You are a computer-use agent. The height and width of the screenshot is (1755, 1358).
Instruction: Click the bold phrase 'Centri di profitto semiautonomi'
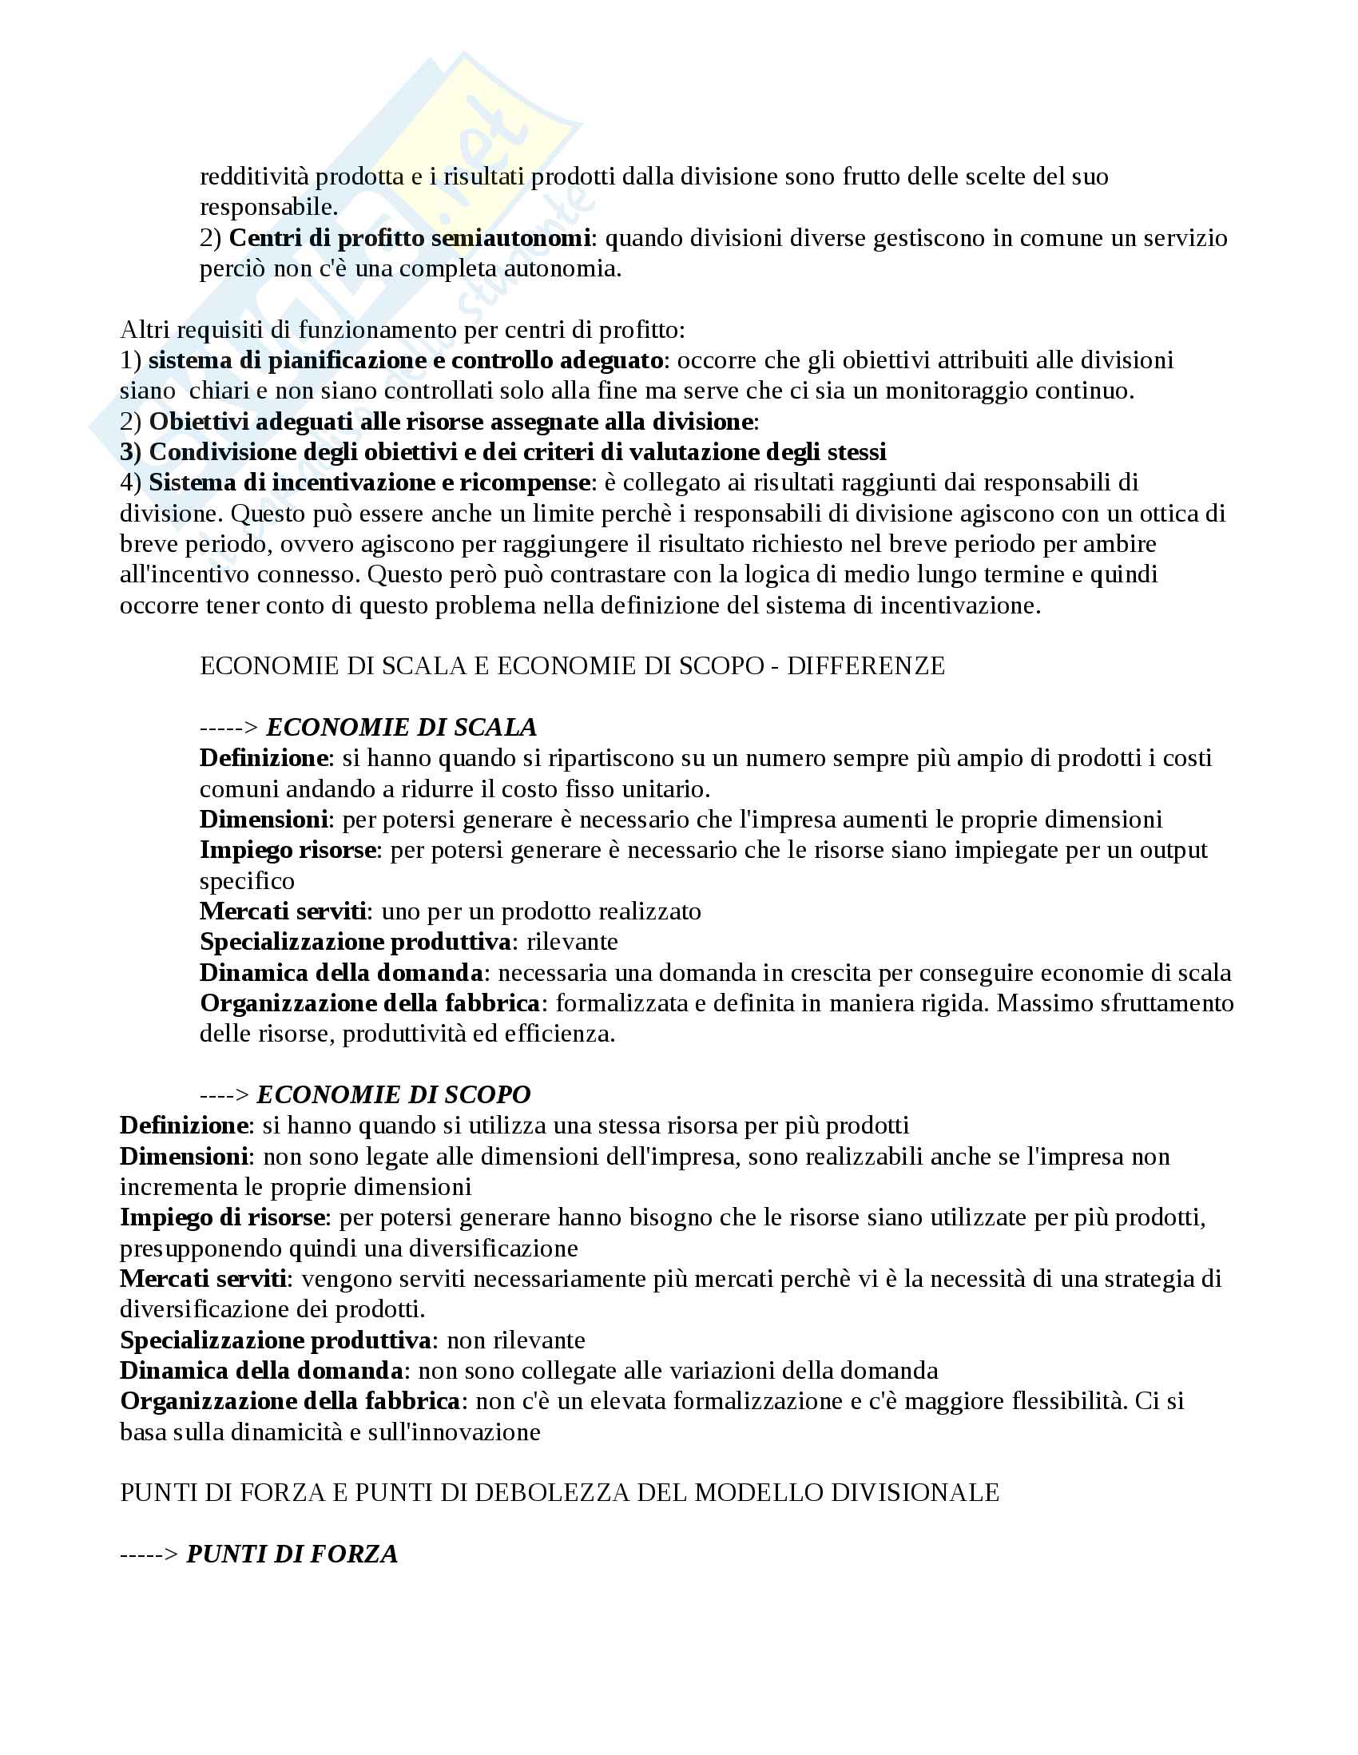pos(410,238)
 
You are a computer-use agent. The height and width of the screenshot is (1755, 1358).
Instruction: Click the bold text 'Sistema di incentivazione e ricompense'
pos(370,482)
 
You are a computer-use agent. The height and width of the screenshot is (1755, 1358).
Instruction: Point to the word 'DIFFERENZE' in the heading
pos(865,665)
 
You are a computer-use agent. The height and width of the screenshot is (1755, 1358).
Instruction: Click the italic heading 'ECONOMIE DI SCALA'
pos(401,727)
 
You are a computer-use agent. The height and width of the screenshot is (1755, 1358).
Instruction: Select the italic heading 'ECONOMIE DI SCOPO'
pos(394,1094)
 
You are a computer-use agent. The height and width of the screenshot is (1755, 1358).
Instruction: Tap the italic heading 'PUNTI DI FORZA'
pos(292,1554)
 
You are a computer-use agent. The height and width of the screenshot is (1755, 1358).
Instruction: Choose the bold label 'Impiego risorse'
pos(288,849)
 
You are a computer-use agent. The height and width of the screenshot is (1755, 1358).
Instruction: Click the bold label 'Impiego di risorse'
pos(222,1217)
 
